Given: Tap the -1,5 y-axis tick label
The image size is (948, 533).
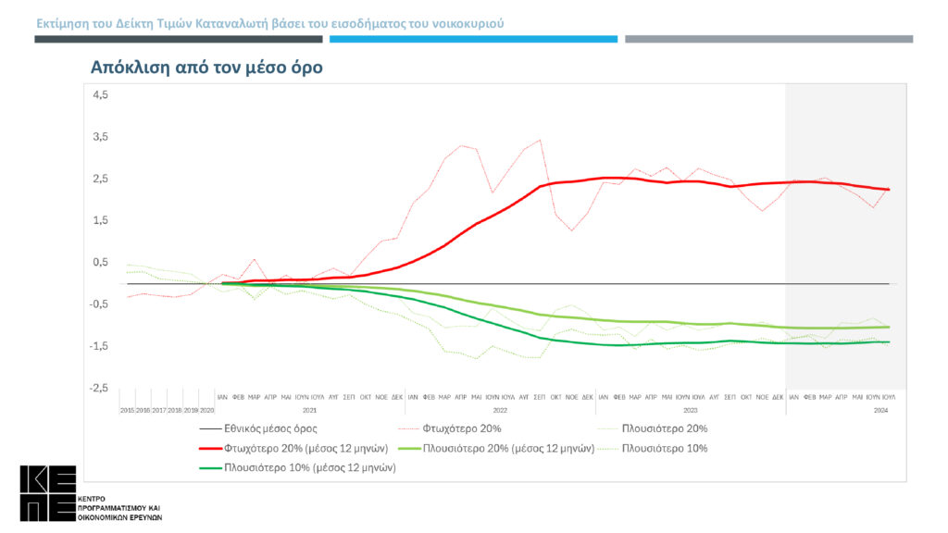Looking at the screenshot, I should click(99, 346).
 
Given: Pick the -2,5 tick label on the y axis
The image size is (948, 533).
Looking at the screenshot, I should click(99, 388).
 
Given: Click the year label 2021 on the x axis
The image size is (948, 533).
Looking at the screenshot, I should click(310, 408).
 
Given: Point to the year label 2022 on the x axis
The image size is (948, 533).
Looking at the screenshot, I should click(500, 408).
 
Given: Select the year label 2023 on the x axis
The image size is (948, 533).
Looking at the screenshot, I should click(690, 408).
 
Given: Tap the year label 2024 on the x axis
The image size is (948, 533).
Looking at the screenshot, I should click(881, 408).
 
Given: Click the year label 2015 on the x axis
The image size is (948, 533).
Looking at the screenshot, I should click(127, 408).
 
